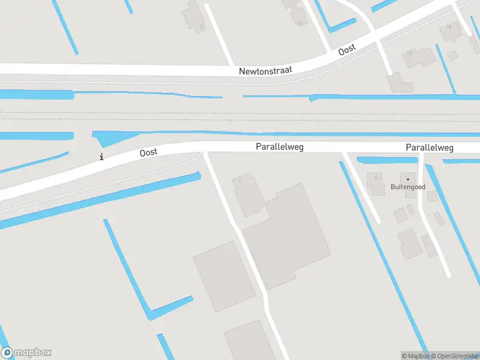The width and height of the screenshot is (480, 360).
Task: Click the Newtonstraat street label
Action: click(x=265, y=71)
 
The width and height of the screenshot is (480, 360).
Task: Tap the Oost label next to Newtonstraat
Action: click(x=347, y=50)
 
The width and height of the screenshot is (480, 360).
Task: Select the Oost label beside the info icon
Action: click(x=148, y=152)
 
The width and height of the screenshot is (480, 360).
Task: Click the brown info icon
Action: click(x=101, y=157)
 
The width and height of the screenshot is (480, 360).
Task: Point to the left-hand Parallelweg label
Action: click(x=280, y=146)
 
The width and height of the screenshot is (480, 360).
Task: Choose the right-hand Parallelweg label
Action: click(x=429, y=147)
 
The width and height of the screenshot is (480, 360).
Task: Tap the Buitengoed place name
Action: click(x=408, y=187)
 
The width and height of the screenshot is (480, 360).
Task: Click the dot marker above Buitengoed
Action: click(x=408, y=179)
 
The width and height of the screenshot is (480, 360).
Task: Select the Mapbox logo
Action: click(x=26, y=353)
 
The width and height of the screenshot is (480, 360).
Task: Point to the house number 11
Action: click(x=202, y=27)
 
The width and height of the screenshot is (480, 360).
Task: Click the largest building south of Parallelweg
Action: click(x=288, y=237)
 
